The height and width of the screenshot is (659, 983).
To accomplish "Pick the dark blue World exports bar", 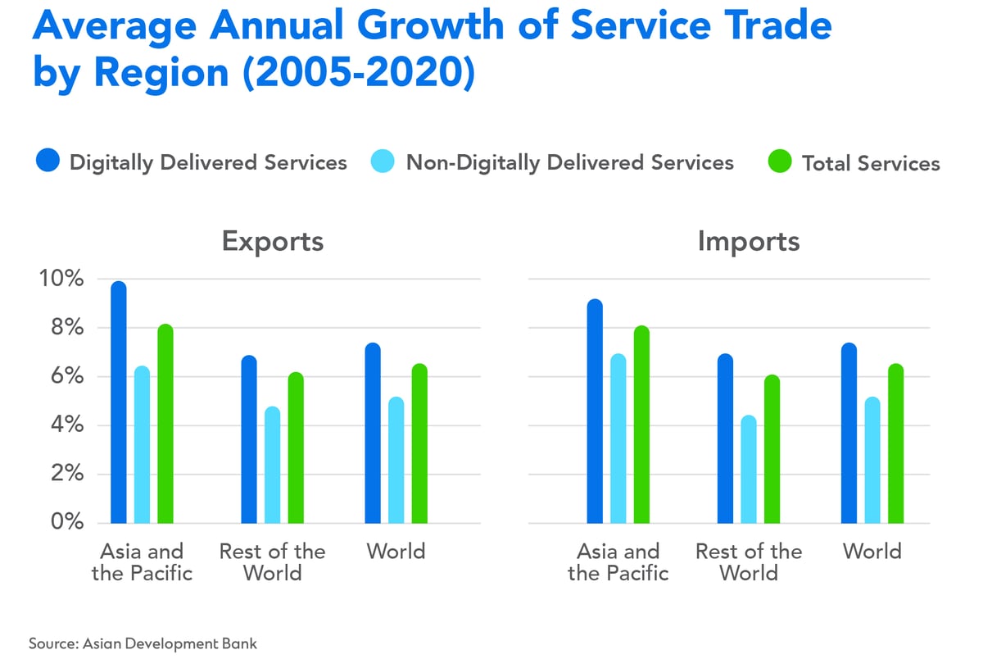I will pos(373,434).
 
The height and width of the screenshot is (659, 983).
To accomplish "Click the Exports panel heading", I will pos(273,242).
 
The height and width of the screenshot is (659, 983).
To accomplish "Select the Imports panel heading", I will pos(749,242).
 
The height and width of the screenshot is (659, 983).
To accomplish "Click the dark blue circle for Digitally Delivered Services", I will pos(48,162).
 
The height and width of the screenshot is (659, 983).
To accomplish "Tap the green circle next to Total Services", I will pos(780,162).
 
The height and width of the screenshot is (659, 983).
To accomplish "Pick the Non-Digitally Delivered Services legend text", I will pos(569,162).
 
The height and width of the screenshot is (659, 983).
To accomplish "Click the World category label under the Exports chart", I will pos(396,551).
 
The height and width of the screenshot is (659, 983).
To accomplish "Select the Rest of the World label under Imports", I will pos(749,561).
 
